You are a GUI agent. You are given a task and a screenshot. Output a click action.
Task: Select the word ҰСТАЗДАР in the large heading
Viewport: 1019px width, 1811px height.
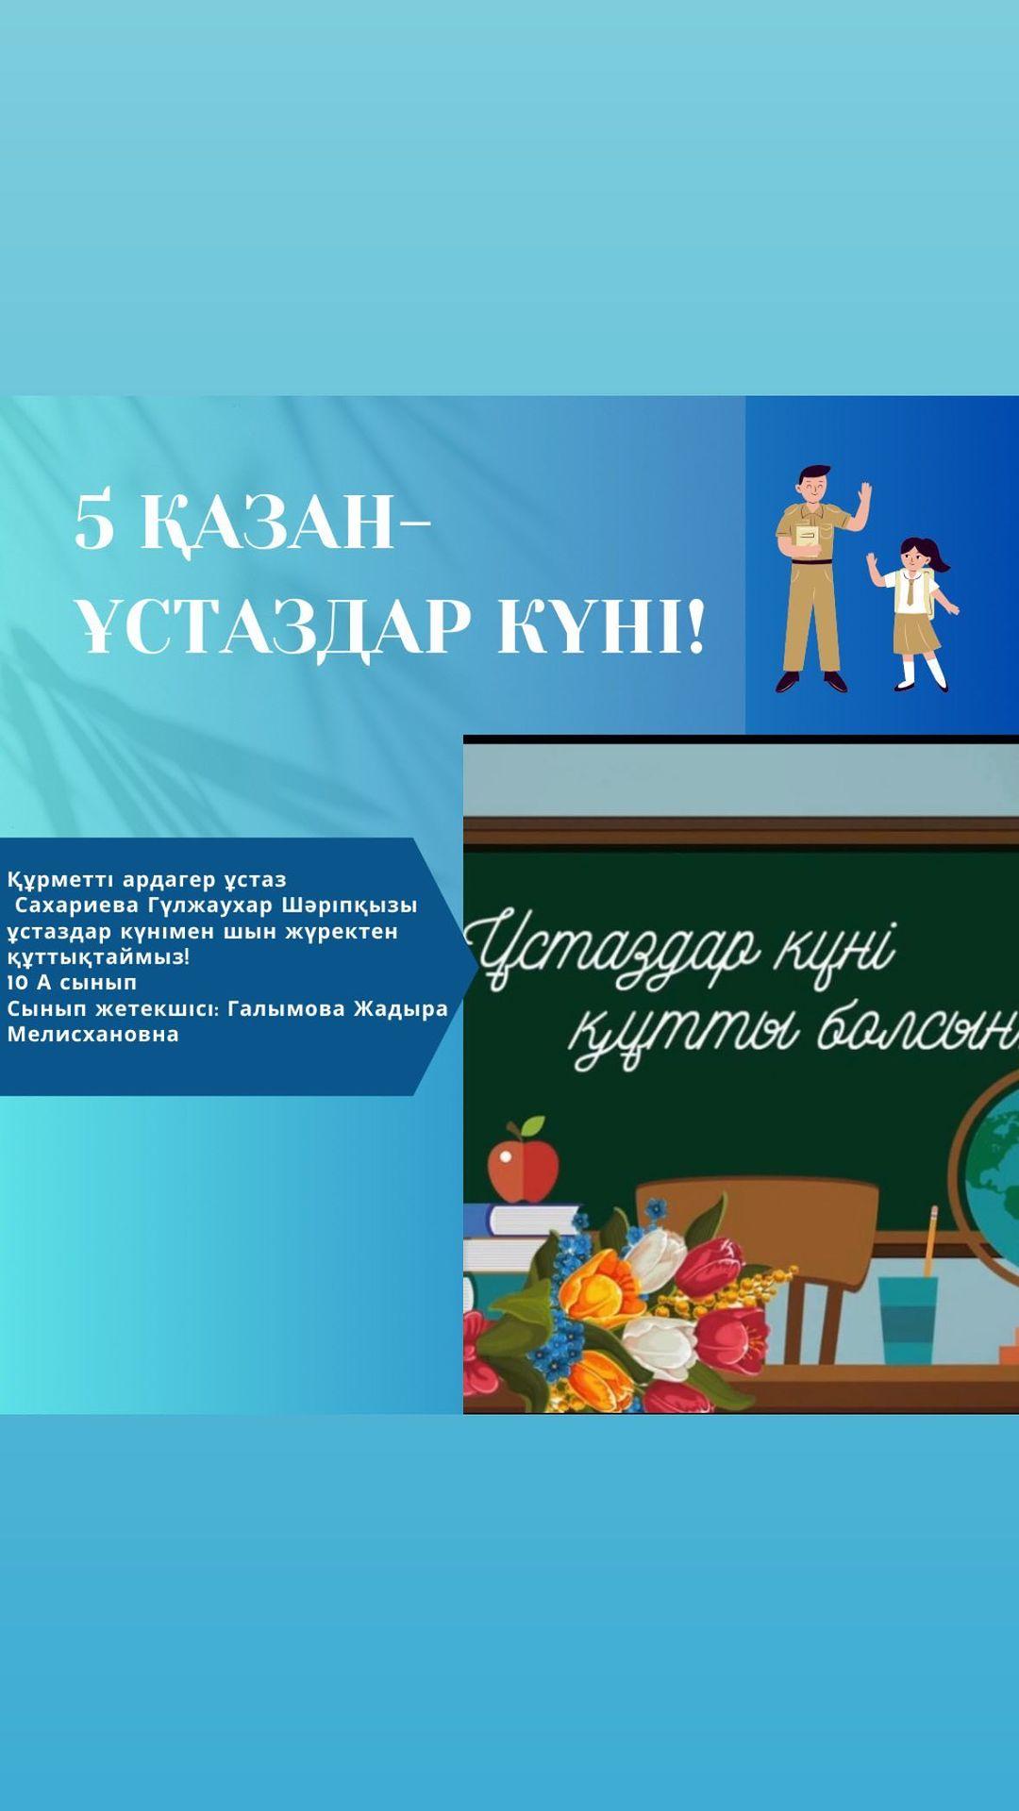(273, 626)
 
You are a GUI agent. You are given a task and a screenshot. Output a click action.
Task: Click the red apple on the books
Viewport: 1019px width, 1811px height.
(516, 1165)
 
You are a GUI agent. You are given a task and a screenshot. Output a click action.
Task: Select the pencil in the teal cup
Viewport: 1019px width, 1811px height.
(931, 1239)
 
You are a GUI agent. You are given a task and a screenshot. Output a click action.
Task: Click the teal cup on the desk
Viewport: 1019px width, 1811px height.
(908, 1318)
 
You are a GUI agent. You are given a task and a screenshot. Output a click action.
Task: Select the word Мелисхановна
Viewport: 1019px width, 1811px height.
(93, 1034)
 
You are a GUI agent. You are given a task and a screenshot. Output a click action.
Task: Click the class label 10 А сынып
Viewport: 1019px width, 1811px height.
(72, 983)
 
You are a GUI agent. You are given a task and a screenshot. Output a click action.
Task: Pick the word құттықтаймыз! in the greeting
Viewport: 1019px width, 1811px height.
(99, 957)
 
